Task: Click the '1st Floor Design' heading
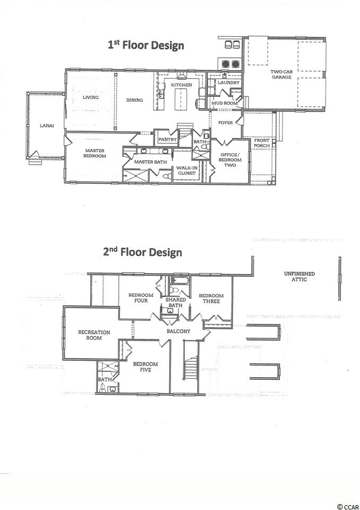(146, 45)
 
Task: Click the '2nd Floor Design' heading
(142, 252)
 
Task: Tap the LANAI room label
(47, 125)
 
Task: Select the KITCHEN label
(182, 85)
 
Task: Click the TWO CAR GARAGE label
(281, 74)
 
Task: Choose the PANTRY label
(167, 140)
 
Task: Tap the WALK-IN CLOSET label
(187, 171)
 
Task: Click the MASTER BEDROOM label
(95, 153)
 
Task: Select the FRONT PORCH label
(262, 143)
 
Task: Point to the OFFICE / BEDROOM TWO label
(230, 160)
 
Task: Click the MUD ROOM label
(225, 103)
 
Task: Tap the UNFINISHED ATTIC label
(299, 276)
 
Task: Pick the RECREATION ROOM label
(94, 335)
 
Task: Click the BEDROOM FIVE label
(145, 367)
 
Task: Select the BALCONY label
(178, 331)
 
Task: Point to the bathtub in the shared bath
(181, 280)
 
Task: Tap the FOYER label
(225, 123)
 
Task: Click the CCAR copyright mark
(348, 506)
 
